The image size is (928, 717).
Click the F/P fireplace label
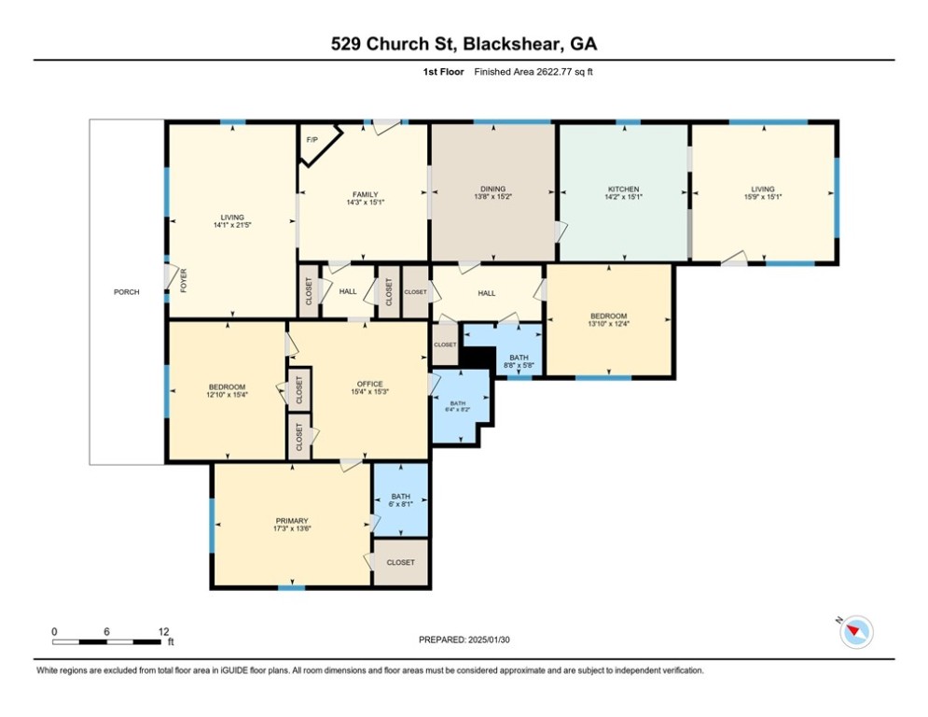312,140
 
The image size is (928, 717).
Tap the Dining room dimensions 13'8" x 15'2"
493,197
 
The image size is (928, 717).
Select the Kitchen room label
624,189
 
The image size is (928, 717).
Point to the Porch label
127,292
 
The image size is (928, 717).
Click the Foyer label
184,280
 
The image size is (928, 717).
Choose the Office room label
370,384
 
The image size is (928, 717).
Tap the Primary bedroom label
292,521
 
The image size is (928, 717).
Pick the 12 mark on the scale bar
164,632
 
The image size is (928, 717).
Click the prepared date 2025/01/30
489,640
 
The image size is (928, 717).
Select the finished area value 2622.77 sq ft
564,72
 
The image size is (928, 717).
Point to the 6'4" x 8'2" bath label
458,410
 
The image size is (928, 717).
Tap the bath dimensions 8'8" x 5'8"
519,366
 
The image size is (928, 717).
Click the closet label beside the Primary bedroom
401,562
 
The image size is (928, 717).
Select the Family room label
366,194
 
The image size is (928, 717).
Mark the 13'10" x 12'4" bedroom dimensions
608,324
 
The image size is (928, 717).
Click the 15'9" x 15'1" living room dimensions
763,197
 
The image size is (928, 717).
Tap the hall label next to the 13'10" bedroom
487,293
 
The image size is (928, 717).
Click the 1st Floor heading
443,72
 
